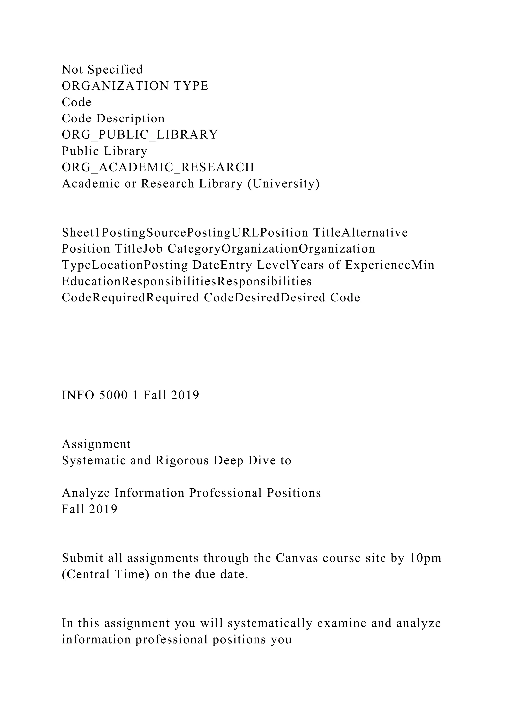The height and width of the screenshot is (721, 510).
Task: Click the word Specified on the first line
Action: tap(115, 70)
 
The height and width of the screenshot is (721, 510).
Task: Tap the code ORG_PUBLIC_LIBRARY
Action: tap(140, 135)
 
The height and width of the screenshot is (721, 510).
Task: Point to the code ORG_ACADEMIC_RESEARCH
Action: tap(158, 167)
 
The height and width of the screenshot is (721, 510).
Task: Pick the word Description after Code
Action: tap(130, 119)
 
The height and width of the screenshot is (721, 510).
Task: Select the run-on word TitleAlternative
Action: tap(360, 233)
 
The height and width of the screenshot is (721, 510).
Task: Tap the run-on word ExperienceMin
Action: tap(390, 265)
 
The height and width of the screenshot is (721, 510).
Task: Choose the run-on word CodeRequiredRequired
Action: tap(130, 298)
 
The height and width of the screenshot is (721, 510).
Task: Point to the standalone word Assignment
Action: tap(96, 444)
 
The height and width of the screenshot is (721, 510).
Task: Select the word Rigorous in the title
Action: tap(182, 461)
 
